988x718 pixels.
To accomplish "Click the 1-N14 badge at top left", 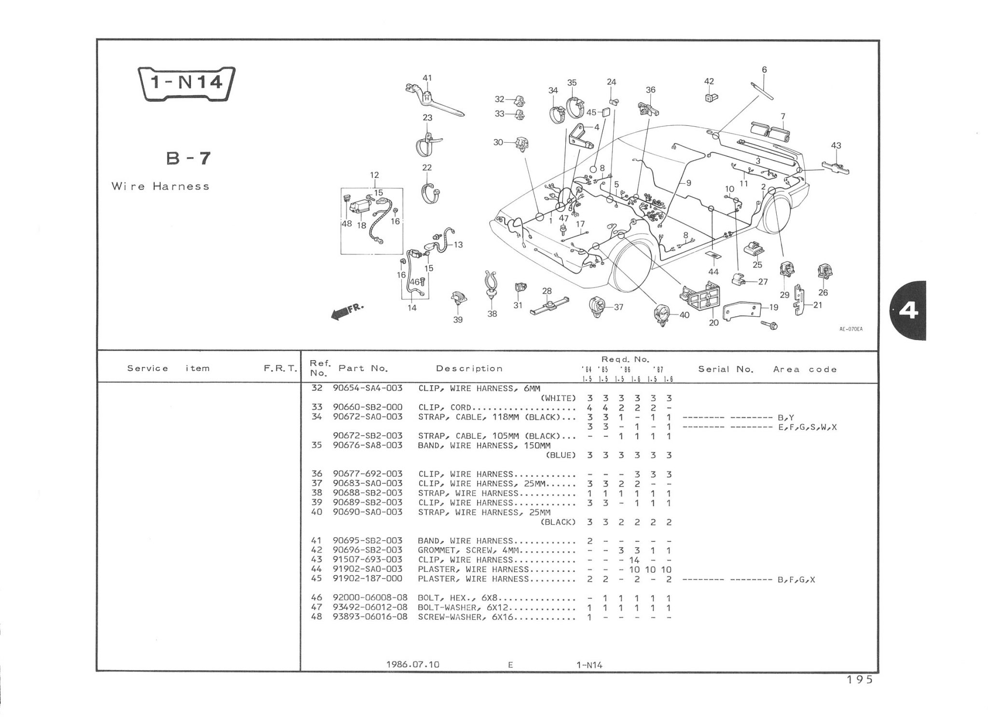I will coord(186,83).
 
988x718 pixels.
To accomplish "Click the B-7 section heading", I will coord(189,158).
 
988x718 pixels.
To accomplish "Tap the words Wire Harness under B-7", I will coord(160,187).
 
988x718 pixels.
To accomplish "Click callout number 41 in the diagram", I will coord(427,78).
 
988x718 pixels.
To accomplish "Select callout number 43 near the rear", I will coord(836,146).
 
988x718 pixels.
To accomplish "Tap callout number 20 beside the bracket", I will coord(714,322).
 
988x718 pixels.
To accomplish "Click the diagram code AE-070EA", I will coord(851,329).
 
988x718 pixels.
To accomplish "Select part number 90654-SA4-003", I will coord(368,388).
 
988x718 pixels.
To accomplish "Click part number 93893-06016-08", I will coord(370,617).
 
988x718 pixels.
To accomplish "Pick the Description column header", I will coord(469,369).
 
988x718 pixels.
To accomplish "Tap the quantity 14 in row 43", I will coord(634,560).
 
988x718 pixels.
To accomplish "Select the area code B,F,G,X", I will coord(796,580).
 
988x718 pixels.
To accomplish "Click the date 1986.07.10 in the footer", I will coord(412,664).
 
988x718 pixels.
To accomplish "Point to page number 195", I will coord(859,679).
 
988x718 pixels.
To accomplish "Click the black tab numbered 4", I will coord(908,311).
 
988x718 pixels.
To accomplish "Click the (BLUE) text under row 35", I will coord(560,455).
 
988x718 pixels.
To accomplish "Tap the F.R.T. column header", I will coord(280,369).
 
